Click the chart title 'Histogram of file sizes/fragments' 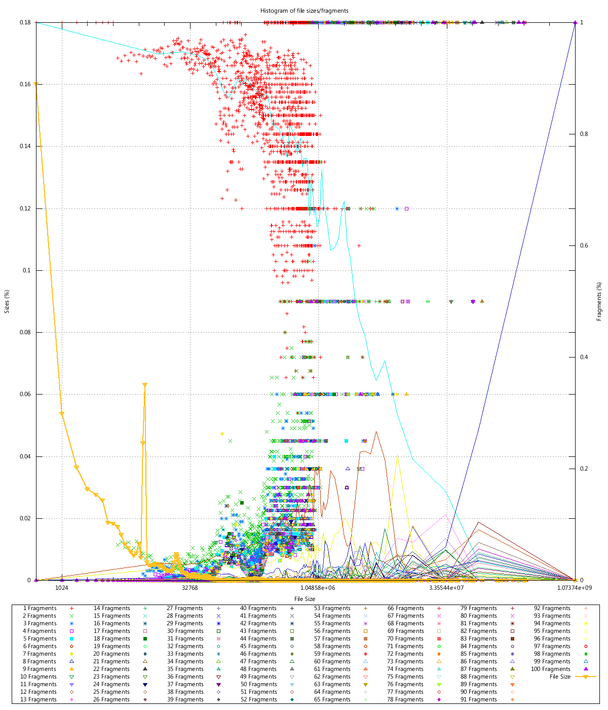305,10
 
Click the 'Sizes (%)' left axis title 7,301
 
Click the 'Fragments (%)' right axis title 599,301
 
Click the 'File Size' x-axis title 305,599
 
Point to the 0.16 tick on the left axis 25,84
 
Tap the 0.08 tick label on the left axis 25,332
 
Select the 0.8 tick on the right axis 584,134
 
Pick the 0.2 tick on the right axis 584,469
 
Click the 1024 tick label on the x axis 62,588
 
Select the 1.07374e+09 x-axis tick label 575,588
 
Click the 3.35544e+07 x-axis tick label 446,588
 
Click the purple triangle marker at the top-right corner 575,22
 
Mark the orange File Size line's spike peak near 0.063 145,385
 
